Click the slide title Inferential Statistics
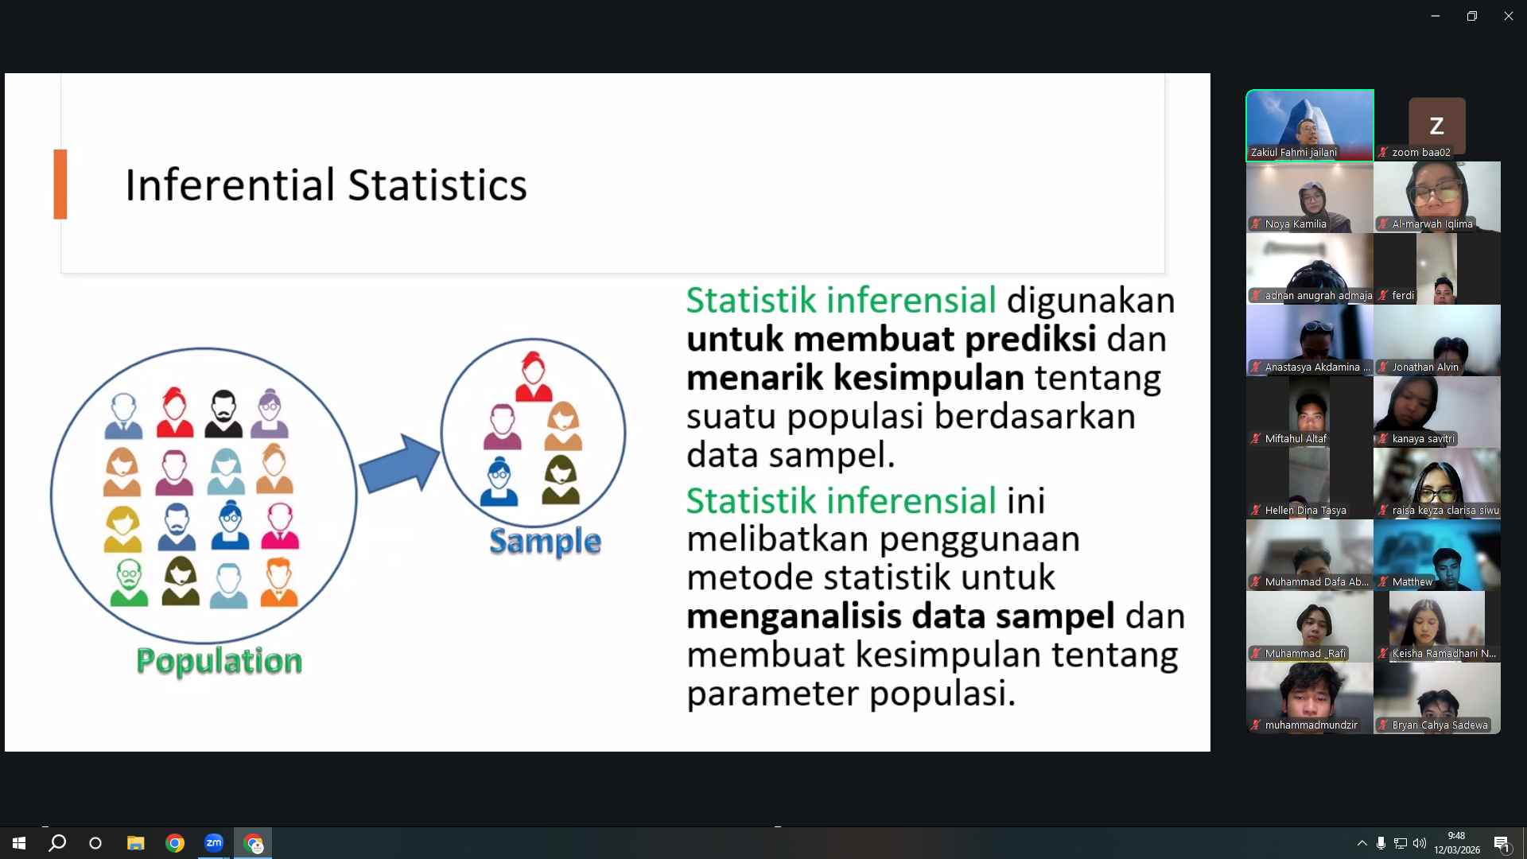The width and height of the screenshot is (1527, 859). (326, 185)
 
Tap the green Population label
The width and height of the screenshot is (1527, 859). (220, 661)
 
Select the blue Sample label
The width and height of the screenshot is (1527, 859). (545, 542)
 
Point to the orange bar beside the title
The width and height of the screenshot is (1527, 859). (60, 184)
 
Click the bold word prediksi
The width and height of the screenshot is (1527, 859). (1031, 340)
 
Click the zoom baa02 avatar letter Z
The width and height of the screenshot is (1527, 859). (1436, 126)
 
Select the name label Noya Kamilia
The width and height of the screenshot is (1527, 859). (1296, 224)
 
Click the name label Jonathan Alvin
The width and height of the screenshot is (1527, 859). (1425, 367)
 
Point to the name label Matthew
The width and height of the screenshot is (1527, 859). (1412, 582)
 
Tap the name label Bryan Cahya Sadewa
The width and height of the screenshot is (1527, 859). (1440, 725)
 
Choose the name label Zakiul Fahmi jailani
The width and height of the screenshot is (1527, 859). (1293, 153)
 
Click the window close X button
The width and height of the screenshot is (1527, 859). (1508, 16)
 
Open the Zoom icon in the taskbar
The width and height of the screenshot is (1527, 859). (214, 843)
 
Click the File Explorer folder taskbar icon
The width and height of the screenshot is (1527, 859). (135, 843)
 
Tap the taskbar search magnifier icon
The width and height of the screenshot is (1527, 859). (57, 843)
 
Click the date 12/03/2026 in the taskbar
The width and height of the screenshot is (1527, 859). (1457, 850)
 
